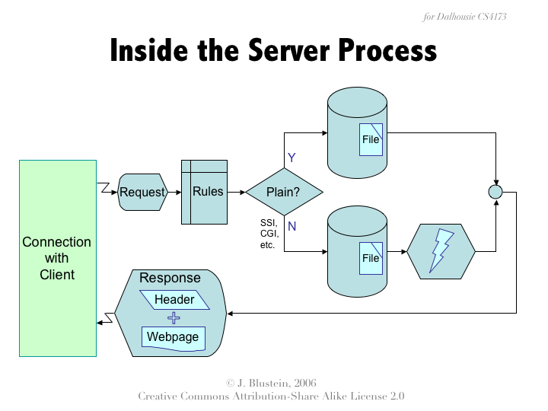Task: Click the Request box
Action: pyautogui.click(x=142, y=192)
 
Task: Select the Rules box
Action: pyautogui.click(x=204, y=192)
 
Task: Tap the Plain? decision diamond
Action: pyautogui.click(x=283, y=192)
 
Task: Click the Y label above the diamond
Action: pyautogui.click(x=291, y=158)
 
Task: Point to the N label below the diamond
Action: pyautogui.click(x=292, y=226)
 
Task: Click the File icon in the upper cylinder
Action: pyautogui.click(x=371, y=139)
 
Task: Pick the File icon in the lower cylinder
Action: pyautogui.click(x=371, y=258)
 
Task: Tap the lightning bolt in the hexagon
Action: pyautogui.click(x=441, y=250)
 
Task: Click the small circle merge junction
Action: pyautogui.click(x=495, y=192)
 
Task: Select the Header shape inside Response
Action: pyautogui.click(x=174, y=299)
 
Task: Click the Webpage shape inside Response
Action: pyautogui.click(x=173, y=337)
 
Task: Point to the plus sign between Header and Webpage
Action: pyautogui.click(x=174, y=318)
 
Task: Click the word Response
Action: pyautogui.click(x=170, y=278)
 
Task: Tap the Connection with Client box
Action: pyautogui.click(x=58, y=257)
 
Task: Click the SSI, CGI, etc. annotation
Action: pyautogui.click(x=268, y=234)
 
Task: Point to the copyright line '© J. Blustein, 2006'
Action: pyautogui.click(x=271, y=382)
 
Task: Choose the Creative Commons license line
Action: pyautogui.click(x=271, y=397)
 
